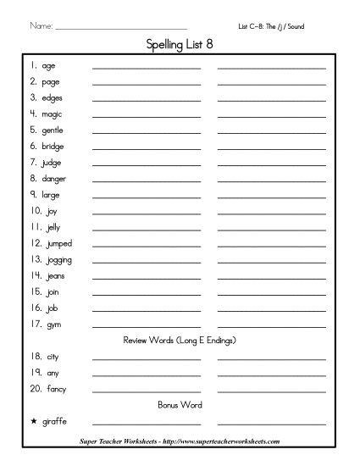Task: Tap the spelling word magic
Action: pyautogui.click(x=52, y=114)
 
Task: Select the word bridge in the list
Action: pyautogui.click(x=53, y=146)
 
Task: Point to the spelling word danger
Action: pyautogui.click(x=53, y=179)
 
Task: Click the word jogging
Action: pyautogui.click(x=55, y=259)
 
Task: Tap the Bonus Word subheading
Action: pyautogui.click(x=180, y=405)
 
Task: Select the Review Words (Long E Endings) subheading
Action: pyautogui.click(x=180, y=341)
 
